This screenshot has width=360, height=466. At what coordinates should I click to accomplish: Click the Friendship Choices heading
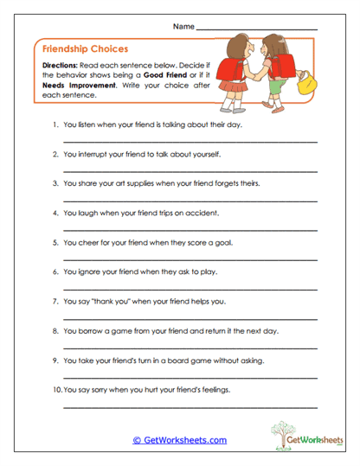[80, 49]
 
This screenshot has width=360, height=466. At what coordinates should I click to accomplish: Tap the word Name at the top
[183, 27]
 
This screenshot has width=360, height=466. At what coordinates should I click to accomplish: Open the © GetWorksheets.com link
[179, 439]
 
